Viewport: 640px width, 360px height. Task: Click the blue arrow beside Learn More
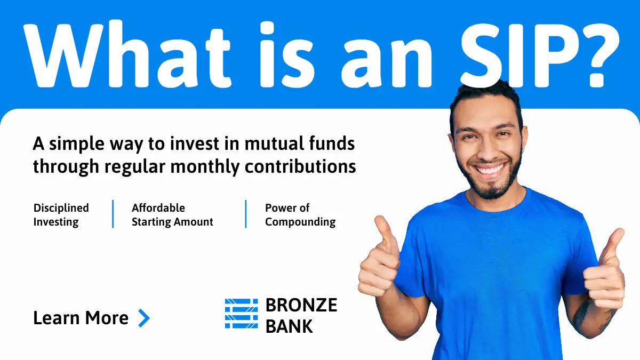click(144, 318)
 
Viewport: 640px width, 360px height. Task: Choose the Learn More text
click(81, 318)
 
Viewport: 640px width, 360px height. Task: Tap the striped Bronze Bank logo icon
click(242, 314)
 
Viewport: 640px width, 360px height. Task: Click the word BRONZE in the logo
click(301, 305)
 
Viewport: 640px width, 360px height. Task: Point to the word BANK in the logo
click(289, 326)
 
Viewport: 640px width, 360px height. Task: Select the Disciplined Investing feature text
click(61, 215)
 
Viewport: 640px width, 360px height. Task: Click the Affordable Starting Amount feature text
click(172, 215)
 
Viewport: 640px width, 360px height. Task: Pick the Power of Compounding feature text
click(300, 215)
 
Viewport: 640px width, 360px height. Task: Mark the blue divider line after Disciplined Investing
click(113, 214)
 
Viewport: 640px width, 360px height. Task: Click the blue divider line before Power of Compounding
click(246, 214)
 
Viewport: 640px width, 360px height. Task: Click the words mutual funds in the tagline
click(300, 143)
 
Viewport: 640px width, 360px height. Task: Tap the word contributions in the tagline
click(300, 166)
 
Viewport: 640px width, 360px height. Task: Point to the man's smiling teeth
click(489, 169)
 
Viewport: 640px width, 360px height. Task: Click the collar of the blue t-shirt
click(495, 202)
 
